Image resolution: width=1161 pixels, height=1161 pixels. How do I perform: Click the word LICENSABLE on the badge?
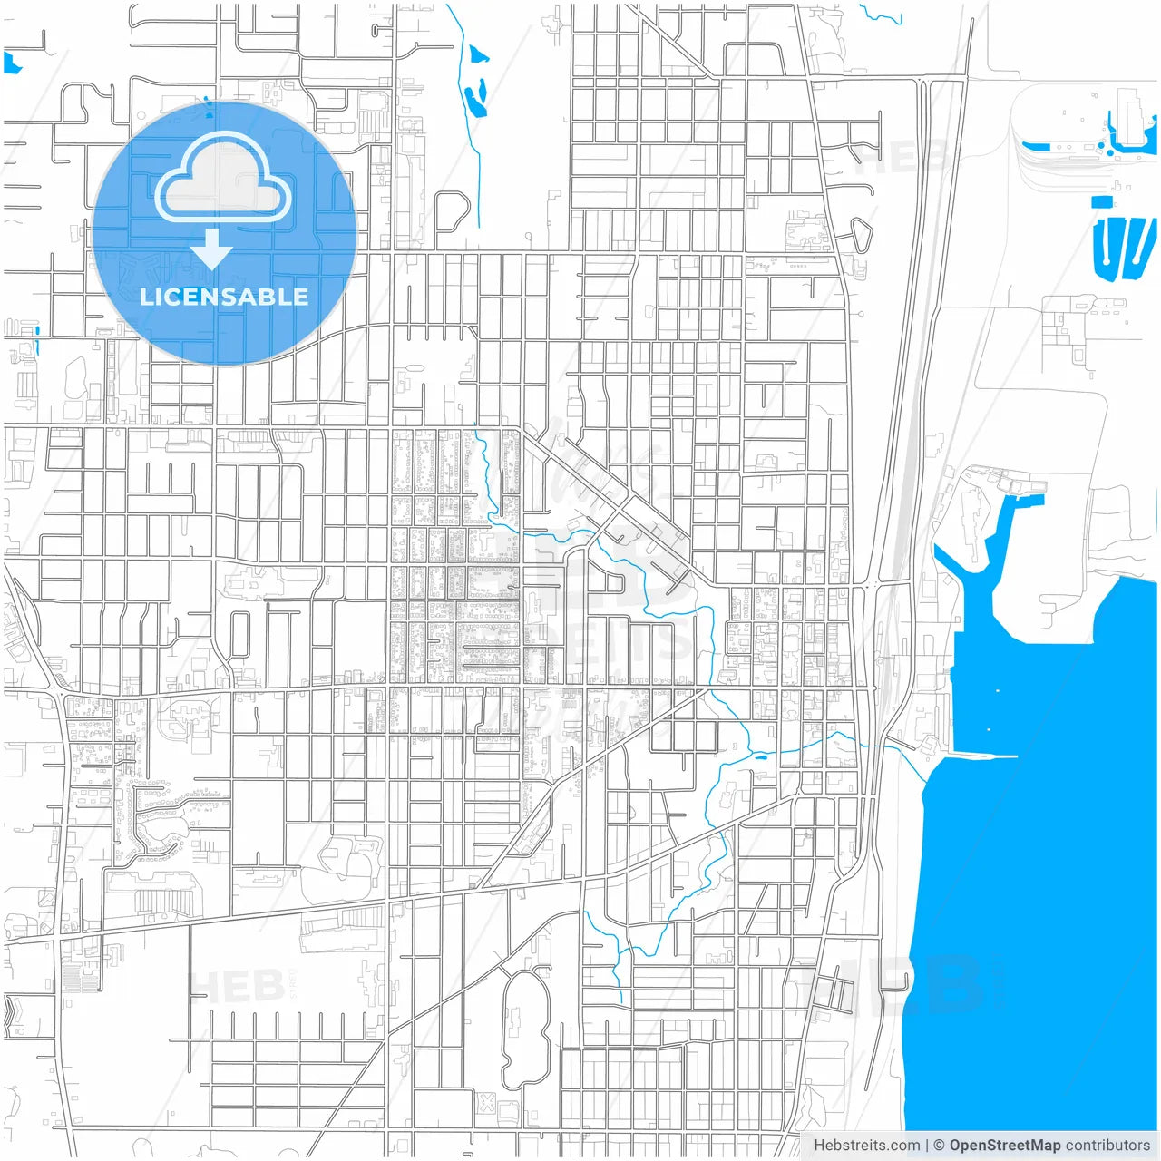point(224,297)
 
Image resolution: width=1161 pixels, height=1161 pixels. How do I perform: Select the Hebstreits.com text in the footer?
point(866,1146)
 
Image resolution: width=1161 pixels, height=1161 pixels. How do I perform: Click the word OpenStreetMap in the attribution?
point(1004,1146)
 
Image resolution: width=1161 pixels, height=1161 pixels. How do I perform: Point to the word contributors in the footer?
point(1107,1146)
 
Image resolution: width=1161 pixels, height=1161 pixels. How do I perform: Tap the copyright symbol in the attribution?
point(939,1146)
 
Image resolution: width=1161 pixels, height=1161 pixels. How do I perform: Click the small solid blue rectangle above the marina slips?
point(1102,201)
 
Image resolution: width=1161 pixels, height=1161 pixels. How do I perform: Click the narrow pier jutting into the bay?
point(984,755)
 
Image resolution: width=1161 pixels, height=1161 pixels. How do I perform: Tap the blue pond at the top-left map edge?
point(11,63)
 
